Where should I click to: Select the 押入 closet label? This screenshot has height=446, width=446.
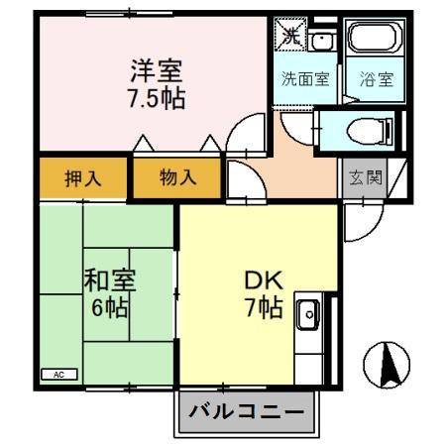click(82, 178)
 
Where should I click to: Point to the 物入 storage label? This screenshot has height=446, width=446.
click(178, 178)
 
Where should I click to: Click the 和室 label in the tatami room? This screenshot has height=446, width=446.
click(108, 280)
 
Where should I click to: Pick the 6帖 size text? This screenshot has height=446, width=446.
click(108, 307)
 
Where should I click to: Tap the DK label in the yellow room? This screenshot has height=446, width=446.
click(263, 279)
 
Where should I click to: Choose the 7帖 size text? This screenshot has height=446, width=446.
click(263, 307)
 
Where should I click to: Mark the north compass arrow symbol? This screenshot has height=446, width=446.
click(385, 366)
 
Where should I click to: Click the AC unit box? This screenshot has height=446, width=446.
click(58, 375)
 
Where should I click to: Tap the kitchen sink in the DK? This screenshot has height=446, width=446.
click(307, 316)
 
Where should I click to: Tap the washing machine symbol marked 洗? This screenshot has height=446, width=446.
click(290, 37)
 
